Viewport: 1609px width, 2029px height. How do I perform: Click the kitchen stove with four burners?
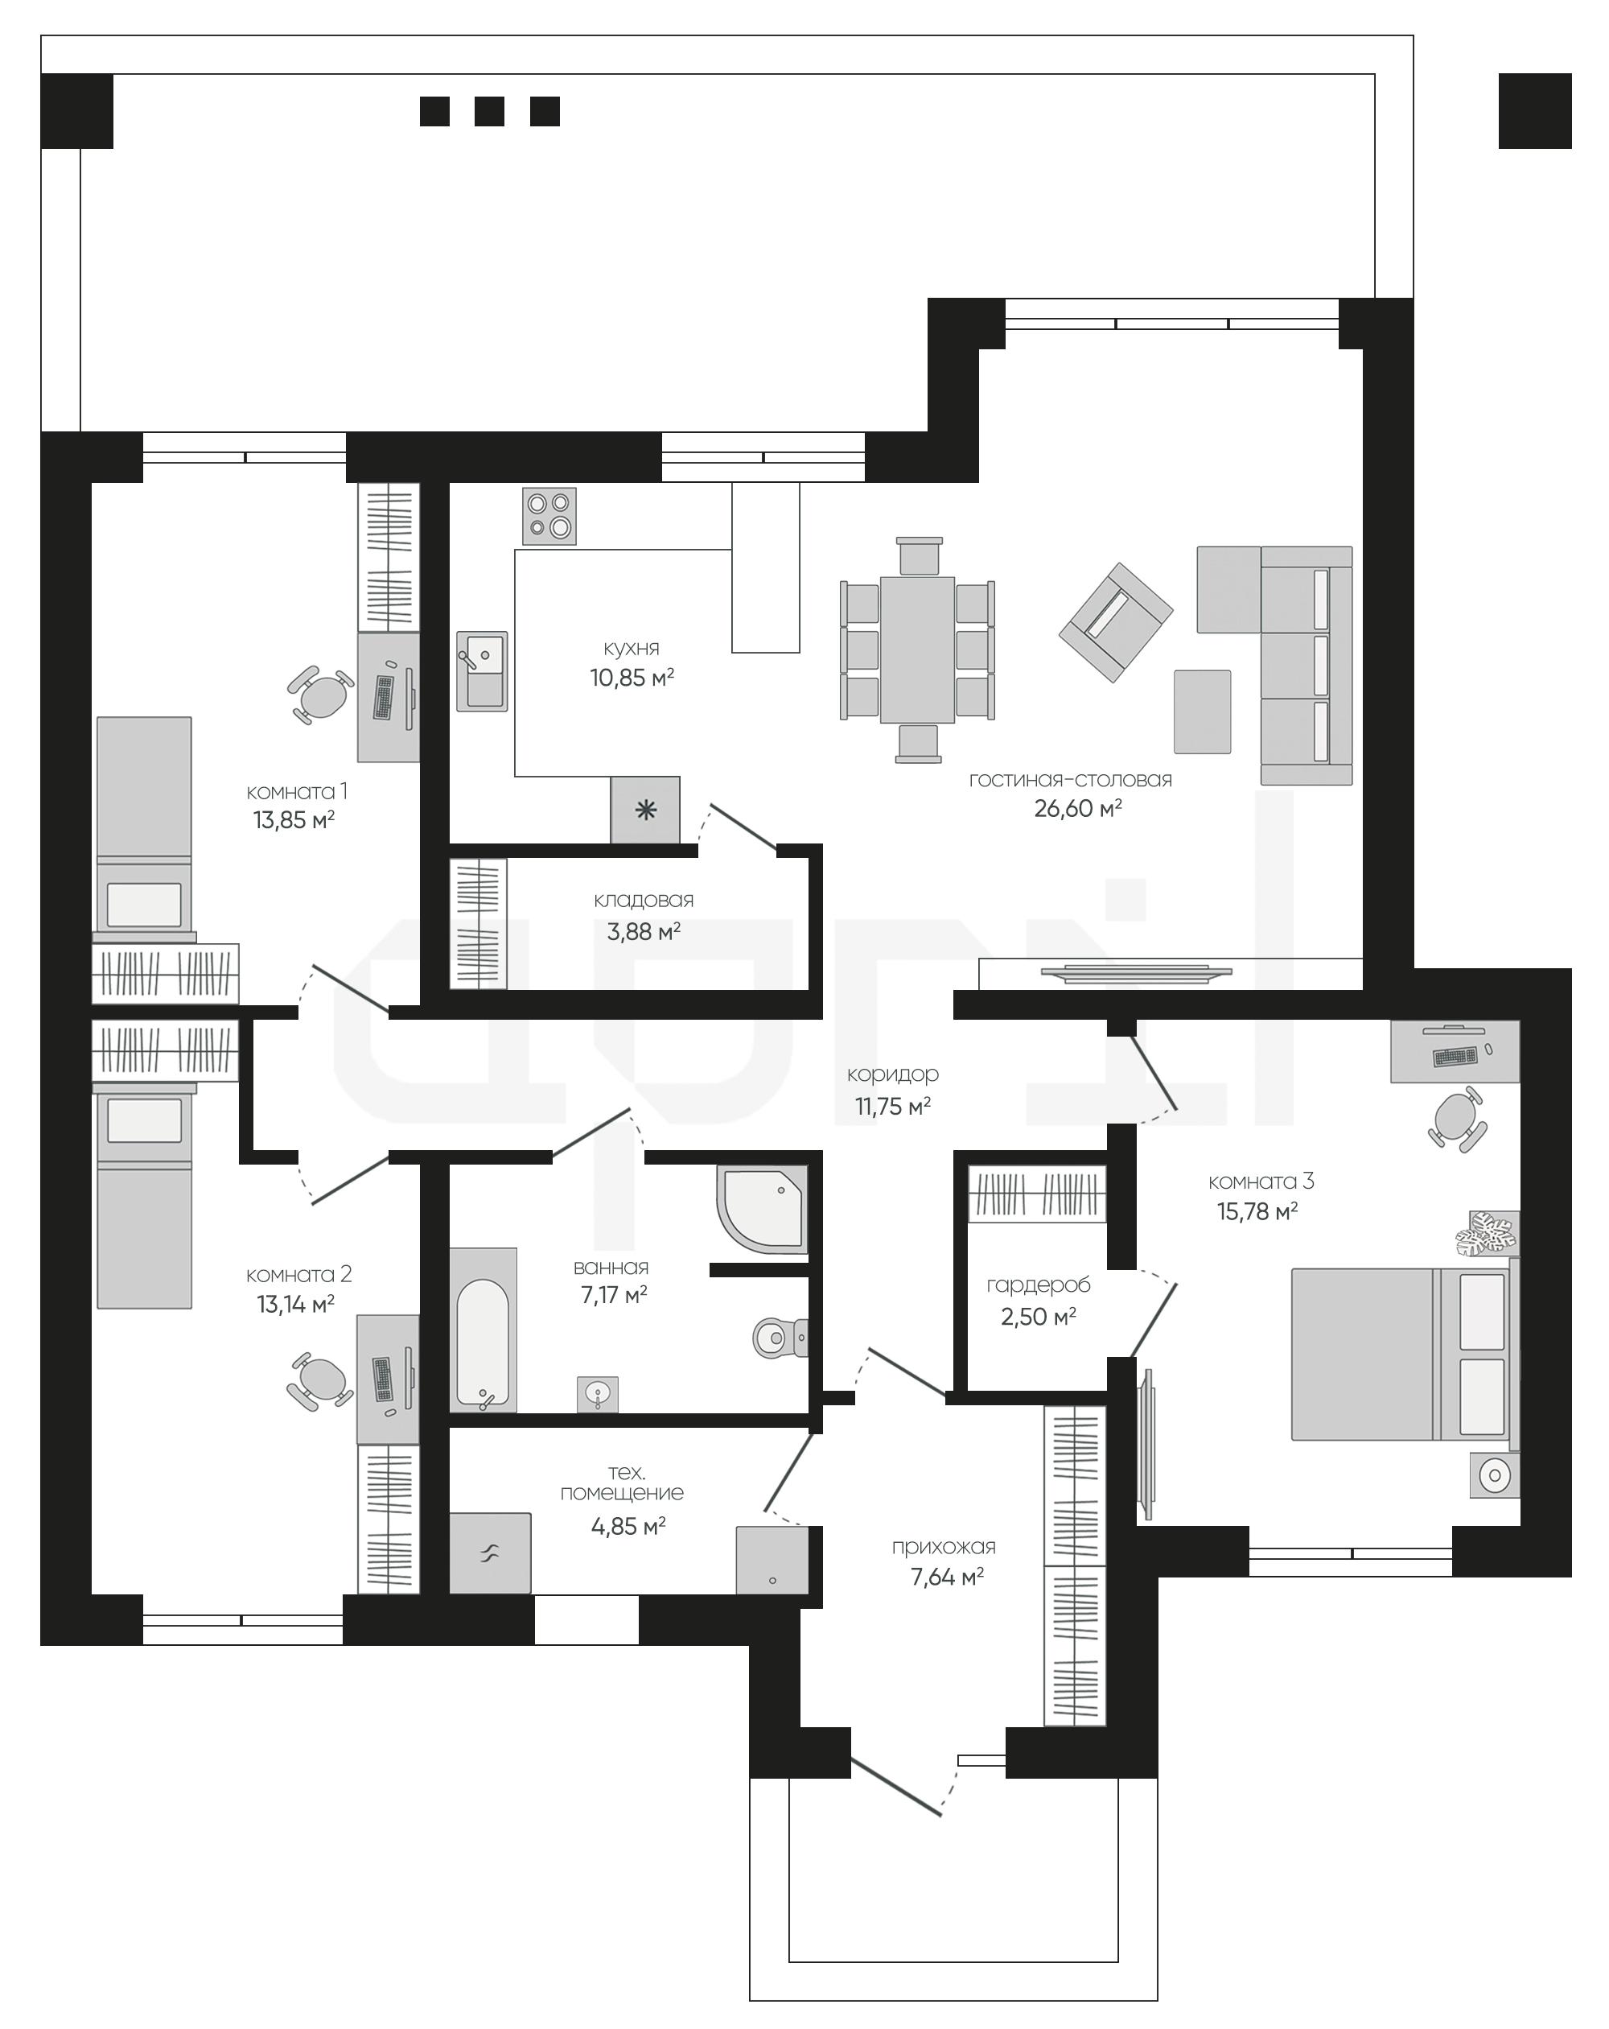[549, 516]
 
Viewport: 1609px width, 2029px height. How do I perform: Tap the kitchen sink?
[482, 670]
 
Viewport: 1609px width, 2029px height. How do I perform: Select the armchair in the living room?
[1115, 622]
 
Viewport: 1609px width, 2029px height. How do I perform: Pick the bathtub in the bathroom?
[483, 1330]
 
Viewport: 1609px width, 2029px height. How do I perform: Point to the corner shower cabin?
[762, 1210]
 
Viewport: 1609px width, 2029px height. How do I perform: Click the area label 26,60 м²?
[1077, 808]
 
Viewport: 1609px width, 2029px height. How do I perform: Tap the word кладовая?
[644, 900]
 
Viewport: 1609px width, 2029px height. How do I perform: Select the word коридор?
[892, 1074]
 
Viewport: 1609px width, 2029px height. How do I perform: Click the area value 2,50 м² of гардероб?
[1038, 1317]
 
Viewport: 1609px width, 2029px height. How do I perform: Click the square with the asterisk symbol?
[644, 810]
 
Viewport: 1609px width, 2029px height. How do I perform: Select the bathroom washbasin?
[598, 1394]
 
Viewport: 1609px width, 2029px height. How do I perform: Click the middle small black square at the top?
[489, 111]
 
